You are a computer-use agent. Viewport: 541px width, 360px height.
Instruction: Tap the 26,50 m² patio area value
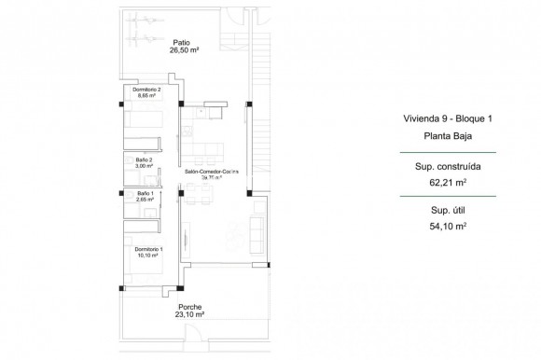coord(181,51)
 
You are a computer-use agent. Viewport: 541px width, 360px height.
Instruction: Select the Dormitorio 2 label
coord(146,90)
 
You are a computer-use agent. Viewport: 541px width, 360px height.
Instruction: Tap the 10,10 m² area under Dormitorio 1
coord(147,256)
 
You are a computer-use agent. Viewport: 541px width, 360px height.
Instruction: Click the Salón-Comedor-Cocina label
coord(213,173)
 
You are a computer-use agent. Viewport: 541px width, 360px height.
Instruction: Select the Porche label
coord(190,307)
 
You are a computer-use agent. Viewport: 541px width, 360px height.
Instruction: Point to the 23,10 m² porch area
coord(190,315)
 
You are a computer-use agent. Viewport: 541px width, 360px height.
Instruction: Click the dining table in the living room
coord(198,193)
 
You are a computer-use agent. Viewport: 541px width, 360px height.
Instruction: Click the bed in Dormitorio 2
coord(142,119)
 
